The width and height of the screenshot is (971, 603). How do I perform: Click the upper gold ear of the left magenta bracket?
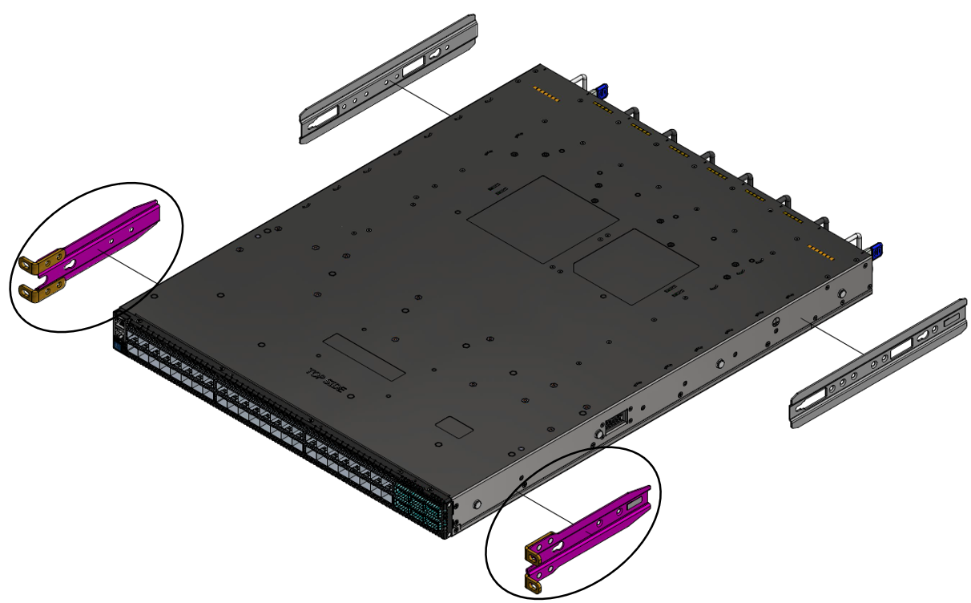(38, 261)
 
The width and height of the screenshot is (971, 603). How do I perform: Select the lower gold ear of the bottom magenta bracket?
(534, 584)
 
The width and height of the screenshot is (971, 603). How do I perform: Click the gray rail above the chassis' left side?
(389, 79)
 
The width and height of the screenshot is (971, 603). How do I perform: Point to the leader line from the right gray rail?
(841, 340)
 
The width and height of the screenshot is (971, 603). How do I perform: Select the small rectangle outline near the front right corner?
(453, 427)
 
